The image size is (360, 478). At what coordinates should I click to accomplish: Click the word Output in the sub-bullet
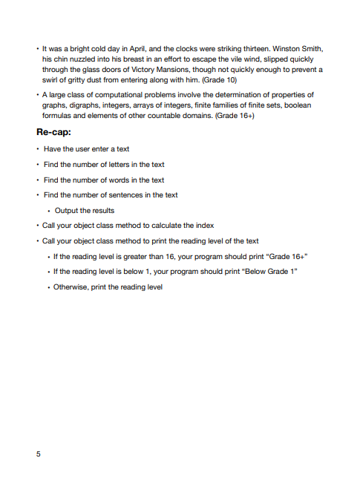click(65, 210)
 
